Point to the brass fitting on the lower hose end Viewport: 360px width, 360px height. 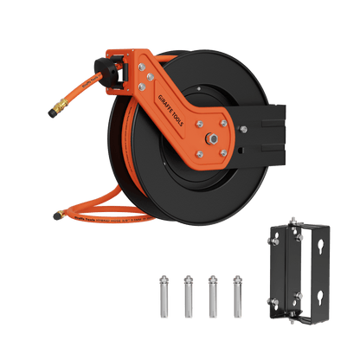coord(55,212)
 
